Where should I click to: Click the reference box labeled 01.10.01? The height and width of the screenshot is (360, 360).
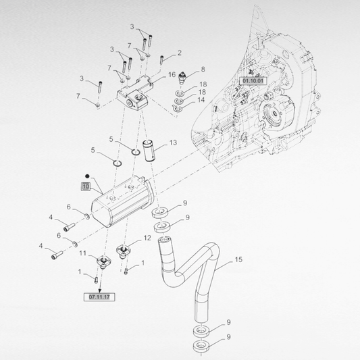[x=253, y=81]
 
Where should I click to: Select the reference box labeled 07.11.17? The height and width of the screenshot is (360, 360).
[x=99, y=297]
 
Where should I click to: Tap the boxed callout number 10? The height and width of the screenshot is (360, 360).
[x=85, y=186]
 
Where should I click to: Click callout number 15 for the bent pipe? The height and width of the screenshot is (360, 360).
[x=238, y=259]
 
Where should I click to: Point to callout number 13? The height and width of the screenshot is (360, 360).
[x=173, y=143]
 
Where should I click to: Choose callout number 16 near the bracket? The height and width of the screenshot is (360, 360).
[x=172, y=74]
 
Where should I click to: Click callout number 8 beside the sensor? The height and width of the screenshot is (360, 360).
[x=203, y=70]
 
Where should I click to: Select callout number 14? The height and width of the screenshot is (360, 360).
[x=201, y=100]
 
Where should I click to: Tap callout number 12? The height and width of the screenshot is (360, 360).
[x=147, y=238]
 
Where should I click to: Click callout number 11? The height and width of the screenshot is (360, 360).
[x=82, y=253]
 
